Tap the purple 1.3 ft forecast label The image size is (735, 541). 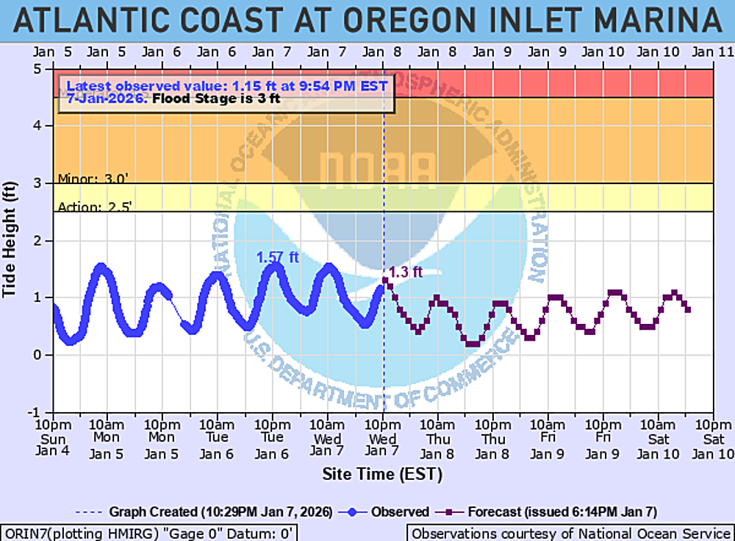pyautogui.click(x=406, y=272)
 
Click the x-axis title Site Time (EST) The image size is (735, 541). pyautogui.click(x=382, y=474)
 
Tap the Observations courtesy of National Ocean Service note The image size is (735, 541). pyautogui.click(x=570, y=533)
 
